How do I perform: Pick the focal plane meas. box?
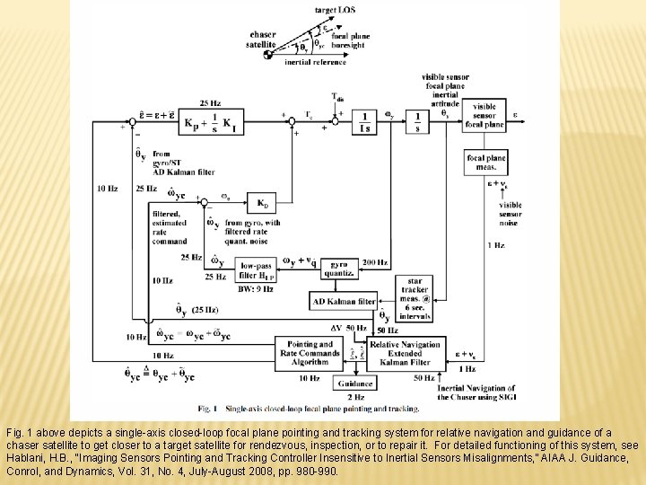486,163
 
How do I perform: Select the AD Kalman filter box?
343,301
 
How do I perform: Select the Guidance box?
355,384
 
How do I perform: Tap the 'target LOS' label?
335,9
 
